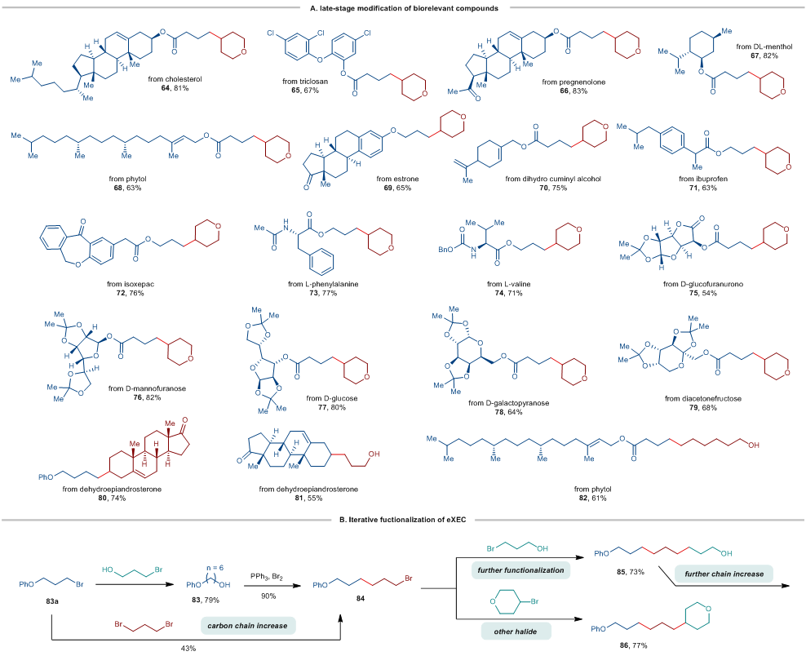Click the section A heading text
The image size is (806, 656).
coord(402,7)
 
